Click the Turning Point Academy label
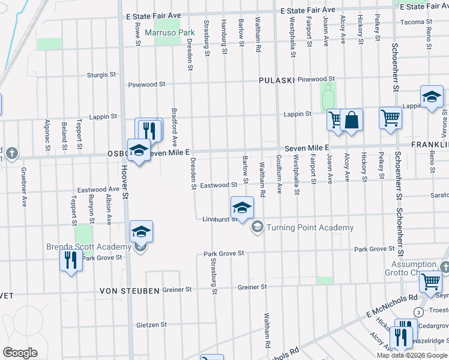click(x=310, y=227)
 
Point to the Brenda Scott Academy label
click(x=89, y=247)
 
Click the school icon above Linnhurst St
click(x=242, y=208)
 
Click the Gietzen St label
click(x=151, y=325)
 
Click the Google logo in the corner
click(x=20, y=353)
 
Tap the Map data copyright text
click(x=412, y=355)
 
